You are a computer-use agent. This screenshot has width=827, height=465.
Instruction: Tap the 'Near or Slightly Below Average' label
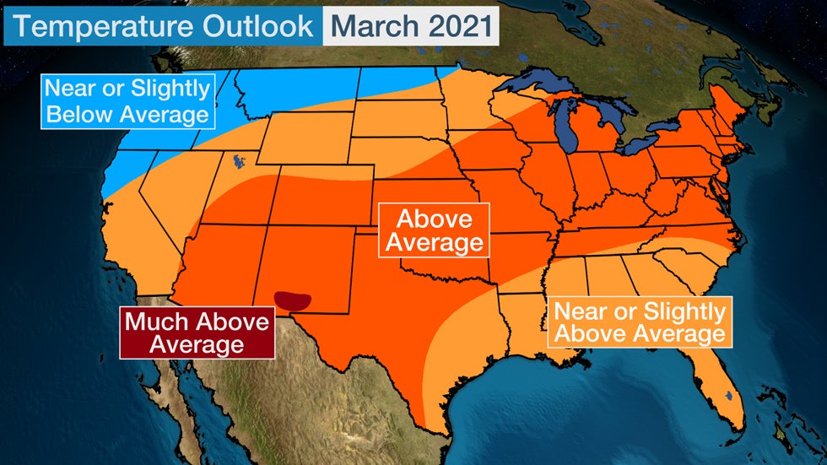127,101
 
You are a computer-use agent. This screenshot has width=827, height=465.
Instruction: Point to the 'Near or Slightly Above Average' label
639,322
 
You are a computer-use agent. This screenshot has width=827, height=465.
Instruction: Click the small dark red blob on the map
294,299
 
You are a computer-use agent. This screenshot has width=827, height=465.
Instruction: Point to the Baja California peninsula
181,380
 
